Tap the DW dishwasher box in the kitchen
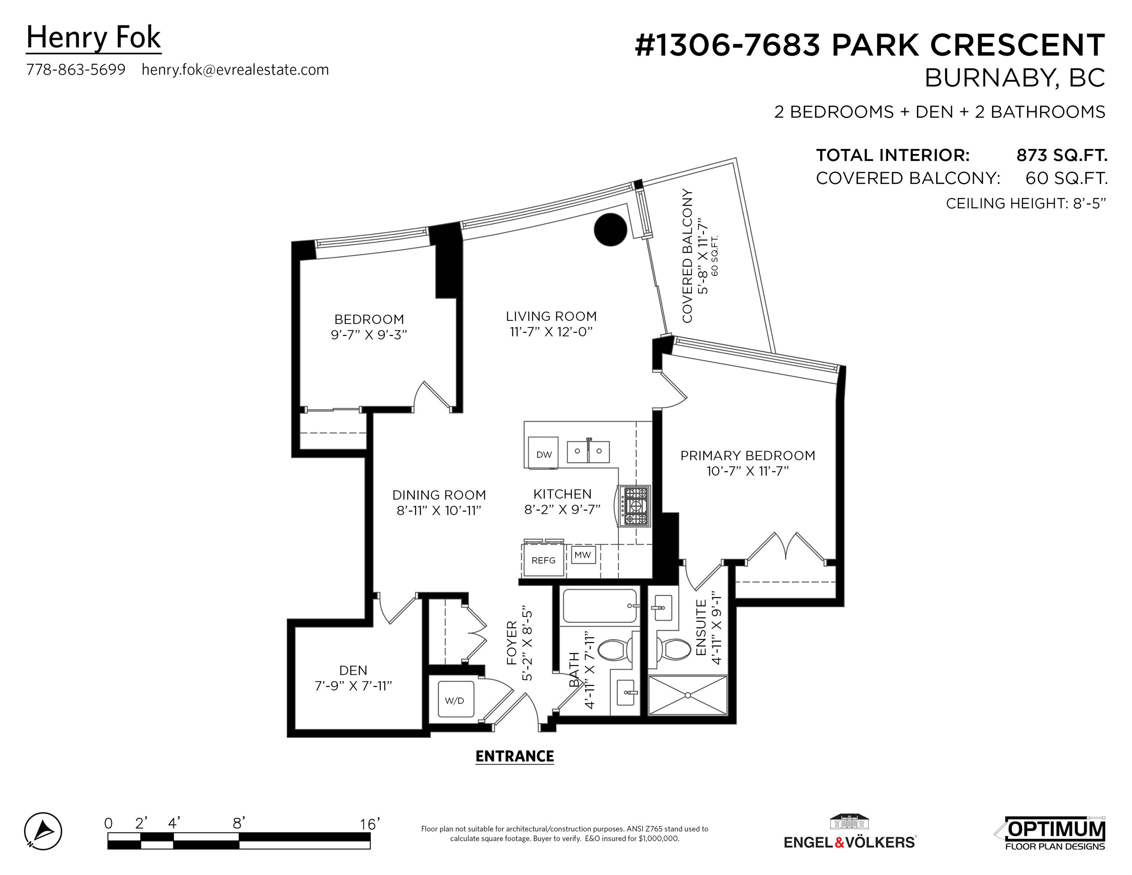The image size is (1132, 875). pos(543,453)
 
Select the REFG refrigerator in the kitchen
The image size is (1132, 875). pos(543,559)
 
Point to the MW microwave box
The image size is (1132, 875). pos(583,554)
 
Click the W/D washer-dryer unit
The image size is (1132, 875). pos(455,699)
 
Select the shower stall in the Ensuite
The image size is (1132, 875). pos(688,695)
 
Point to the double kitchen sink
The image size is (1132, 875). pos(588,451)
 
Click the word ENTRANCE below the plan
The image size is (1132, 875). pos(515,756)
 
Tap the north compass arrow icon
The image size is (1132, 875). pos(43,831)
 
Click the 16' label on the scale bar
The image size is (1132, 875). pos(369,824)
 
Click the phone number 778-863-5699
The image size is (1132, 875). pos(76,69)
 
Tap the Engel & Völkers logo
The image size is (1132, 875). pos(850,832)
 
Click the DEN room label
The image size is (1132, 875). pos(353,670)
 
